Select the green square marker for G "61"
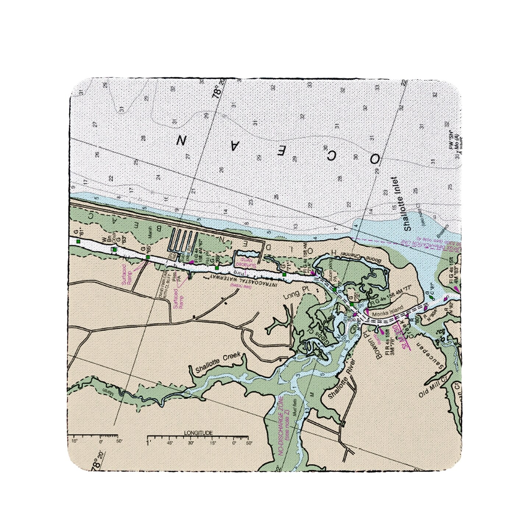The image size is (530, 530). click(x=78, y=241)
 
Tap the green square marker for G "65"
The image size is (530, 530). click(x=148, y=257)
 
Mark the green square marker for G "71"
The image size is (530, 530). click(x=284, y=274)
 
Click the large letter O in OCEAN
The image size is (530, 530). click(x=374, y=159)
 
